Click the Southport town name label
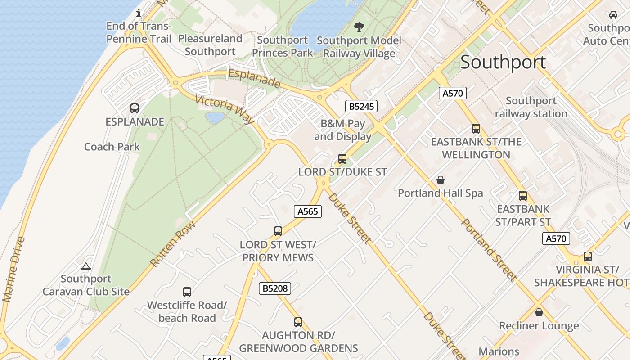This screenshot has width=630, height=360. pos(503,62)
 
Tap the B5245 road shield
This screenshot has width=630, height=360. pos(361,107)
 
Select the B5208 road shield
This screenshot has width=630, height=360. pos(275,288)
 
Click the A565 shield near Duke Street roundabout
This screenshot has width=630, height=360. pos(308,211)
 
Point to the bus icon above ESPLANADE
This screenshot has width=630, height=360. pos(135,108)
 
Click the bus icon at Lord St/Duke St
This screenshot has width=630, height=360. pos(342,159)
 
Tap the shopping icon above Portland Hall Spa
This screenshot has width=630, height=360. pos(441,180)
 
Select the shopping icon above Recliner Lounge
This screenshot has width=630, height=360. pos(539,312)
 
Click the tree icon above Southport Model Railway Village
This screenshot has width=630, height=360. pos(359,27)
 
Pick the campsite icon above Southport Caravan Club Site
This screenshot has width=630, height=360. pos(86,266)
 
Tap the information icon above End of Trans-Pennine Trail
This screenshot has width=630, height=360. pos(139,13)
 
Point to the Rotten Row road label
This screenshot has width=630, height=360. pos(173,243)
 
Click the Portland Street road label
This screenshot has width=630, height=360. pos(488,250)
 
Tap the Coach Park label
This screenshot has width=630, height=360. pos(112,147)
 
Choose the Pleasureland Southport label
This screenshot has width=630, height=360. pos(210,45)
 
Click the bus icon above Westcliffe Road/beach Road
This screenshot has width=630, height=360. pos(187,292)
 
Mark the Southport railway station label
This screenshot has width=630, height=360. pos(531,107)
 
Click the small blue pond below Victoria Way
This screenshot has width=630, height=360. pos(215,118)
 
